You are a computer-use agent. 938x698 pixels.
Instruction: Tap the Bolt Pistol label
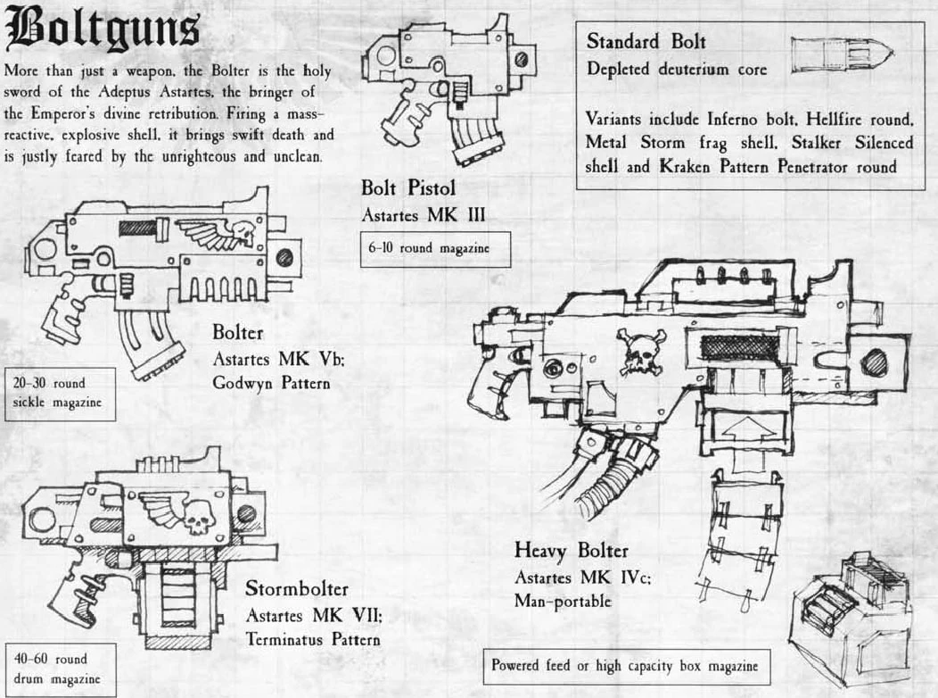408,188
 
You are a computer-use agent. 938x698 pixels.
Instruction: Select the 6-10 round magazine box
435,249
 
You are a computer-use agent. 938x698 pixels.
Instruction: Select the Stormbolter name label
297,588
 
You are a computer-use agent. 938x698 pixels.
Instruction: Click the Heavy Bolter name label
572,550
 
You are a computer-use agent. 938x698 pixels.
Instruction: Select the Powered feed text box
626,666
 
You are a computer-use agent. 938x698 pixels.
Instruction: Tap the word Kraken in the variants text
685,166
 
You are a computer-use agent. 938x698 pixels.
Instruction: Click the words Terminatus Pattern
313,639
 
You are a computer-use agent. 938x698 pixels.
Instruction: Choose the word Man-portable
563,601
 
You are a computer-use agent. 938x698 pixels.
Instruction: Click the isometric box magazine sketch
852,619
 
